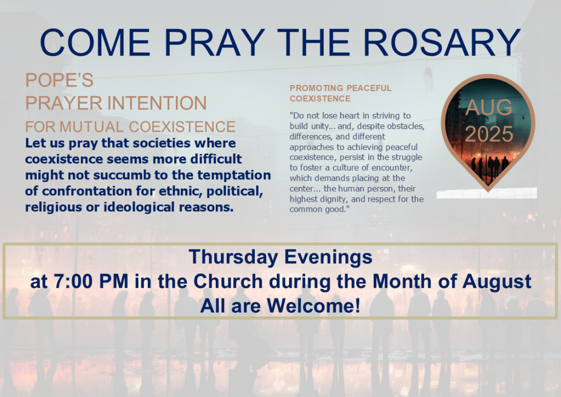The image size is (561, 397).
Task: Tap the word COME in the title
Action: click(x=95, y=42)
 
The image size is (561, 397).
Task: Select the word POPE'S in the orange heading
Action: click(x=59, y=80)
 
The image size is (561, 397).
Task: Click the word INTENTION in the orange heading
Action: click(x=157, y=103)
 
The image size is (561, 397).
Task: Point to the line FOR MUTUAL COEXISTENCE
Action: click(x=130, y=127)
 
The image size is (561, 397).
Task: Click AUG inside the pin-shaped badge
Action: click(x=489, y=107)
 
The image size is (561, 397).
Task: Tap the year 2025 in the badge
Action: click(x=489, y=134)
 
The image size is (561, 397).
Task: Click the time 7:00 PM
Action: click(x=91, y=281)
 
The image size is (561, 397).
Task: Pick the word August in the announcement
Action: click(x=496, y=282)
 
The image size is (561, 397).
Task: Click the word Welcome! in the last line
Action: click(x=314, y=306)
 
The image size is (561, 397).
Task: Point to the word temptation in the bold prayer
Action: click(x=234, y=175)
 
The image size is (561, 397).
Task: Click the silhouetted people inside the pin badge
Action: click(x=489, y=166)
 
